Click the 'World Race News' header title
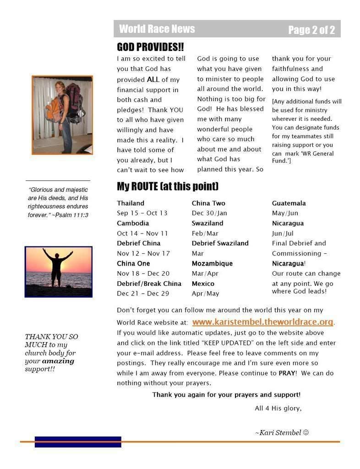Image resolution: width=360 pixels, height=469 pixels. pos(157,29)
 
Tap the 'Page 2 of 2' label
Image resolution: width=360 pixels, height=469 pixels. pos(311,30)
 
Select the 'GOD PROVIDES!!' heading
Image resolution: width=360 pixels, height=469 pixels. pos(150,47)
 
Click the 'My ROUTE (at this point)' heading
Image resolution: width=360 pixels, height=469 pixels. pos(167,186)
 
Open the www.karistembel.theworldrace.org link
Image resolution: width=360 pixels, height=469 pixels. pos(262,322)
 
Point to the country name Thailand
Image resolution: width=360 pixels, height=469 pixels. pos(131,203)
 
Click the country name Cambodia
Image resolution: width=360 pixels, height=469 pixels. pos(133,223)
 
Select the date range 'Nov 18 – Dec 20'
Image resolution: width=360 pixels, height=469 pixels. pos(143,273)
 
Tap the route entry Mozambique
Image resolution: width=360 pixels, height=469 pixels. pos(212,263)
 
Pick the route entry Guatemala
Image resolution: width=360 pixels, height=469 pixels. pos(289,203)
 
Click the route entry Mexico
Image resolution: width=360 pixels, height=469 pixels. pos(203,284)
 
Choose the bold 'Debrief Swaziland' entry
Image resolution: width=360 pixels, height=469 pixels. pos(220,243)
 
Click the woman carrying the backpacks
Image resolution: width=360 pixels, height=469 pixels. pos(65,115)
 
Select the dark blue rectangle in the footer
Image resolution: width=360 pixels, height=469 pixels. pos(78,442)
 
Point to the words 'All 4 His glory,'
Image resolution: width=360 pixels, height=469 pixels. pos(278,408)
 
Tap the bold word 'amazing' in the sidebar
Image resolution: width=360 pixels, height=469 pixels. pos(58,361)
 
